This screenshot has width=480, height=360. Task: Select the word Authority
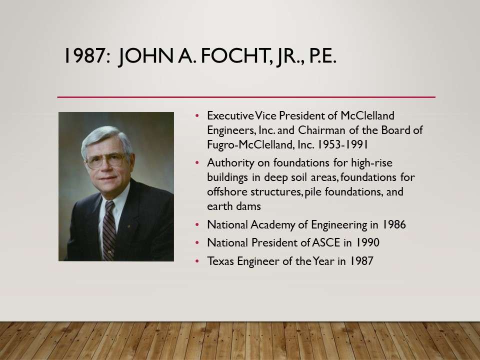(x=230, y=163)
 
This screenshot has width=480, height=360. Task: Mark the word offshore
(x=227, y=191)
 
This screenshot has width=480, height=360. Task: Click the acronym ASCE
(x=326, y=243)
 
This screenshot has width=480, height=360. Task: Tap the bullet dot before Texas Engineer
(x=197, y=261)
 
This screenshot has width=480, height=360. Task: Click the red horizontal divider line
(x=246, y=97)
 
